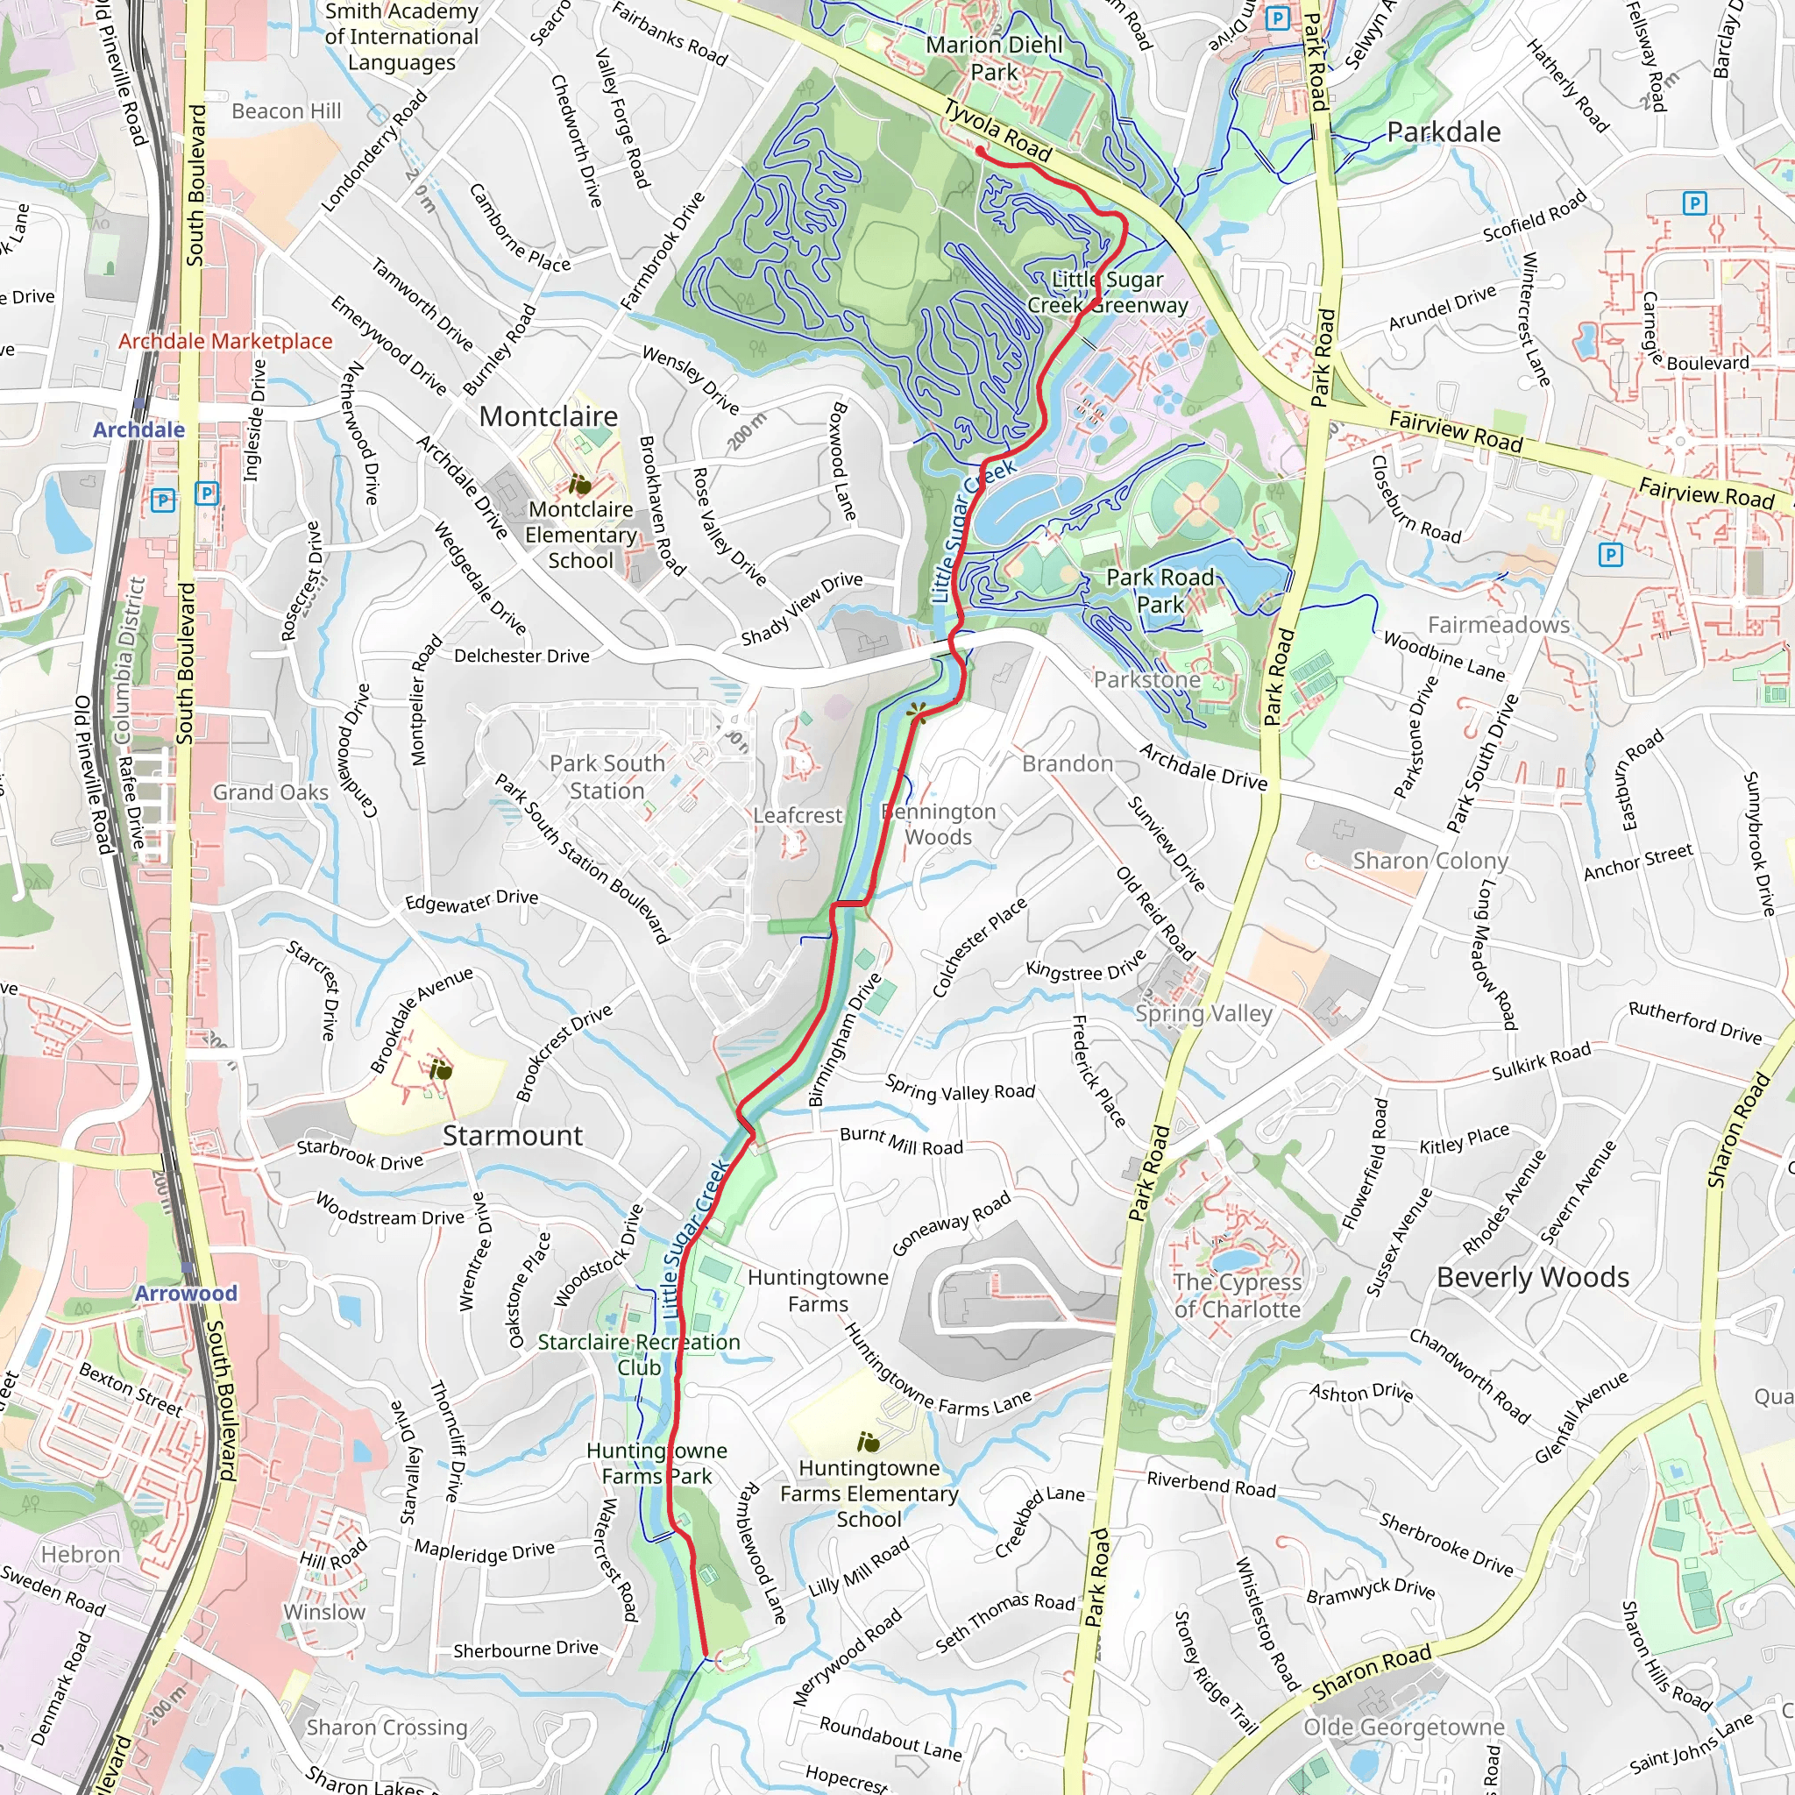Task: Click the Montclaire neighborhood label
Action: pyautogui.click(x=548, y=416)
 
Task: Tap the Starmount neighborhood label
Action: pyautogui.click(x=512, y=1135)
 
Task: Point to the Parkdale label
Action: pyautogui.click(x=1443, y=132)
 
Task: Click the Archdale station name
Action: pyautogui.click(x=138, y=429)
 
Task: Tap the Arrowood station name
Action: pyautogui.click(x=186, y=1294)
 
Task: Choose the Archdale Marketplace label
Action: pyautogui.click(x=225, y=341)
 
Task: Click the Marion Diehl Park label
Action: pyautogui.click(x=993, y=59)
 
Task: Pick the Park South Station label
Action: pyautogui.click(x=607, y=777)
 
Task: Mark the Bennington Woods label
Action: pyautogui.click(x=939, y=824)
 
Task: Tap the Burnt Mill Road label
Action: pyautogui.click(x=901, y=1141)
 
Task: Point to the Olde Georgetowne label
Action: pyautogui.click(x=1403, y=1728)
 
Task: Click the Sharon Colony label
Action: pyautogui.click(x=1430, y=861)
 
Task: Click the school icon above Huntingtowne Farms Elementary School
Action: pyautogui.click(x=869, y=1442)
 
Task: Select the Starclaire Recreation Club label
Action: pyautogui.click(x=639, y=1355)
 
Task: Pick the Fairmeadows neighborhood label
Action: pyautogui.click(x=1498, y=624)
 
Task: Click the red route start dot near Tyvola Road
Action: pyautogui.click(x=980, y=150)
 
